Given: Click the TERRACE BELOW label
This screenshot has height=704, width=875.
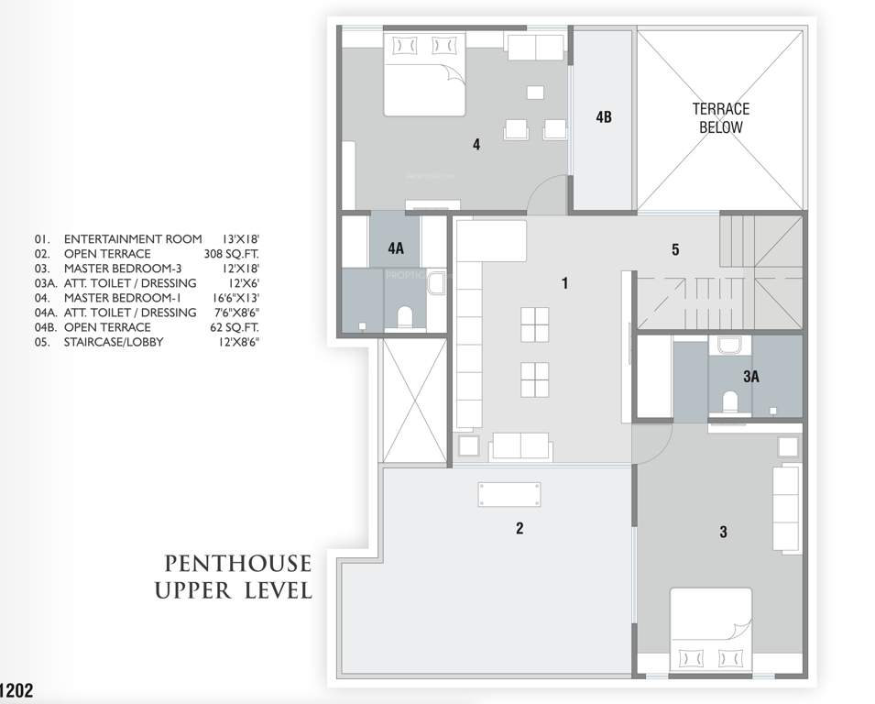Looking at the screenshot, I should point(720,118).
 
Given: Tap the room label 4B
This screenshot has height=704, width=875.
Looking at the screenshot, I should point(603,117).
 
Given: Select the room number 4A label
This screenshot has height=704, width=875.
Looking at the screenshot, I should point(396,247).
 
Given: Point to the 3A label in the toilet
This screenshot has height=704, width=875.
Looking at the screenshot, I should point(751,376).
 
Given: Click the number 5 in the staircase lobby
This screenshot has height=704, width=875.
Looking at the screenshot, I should point(675,249).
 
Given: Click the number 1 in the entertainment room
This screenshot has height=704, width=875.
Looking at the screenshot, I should point(565,283).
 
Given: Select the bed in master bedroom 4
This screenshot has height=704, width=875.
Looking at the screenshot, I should point(425,75).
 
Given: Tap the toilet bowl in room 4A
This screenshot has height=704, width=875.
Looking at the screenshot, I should point(404,317).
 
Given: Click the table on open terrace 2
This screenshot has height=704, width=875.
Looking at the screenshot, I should point(509,494).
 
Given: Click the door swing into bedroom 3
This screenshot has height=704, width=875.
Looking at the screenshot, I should point(652,448).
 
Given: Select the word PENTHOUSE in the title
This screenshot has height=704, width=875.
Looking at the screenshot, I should point(237,563).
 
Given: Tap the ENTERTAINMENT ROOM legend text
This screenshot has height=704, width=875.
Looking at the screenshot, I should point(133,238).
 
